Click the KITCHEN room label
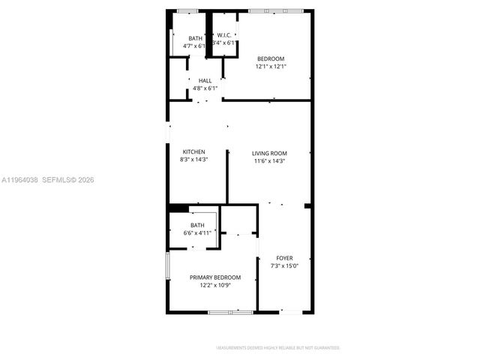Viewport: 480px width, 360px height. click(x=193, y=151)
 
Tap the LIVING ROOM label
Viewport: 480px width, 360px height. click(x=269, y=152)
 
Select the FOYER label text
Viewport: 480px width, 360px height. click(x=284, y=258)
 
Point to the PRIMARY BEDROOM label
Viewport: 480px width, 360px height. click(x=215, y=277)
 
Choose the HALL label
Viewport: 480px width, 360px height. click(x=205, y=80)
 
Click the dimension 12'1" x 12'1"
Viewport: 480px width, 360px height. click(x=271, y=66)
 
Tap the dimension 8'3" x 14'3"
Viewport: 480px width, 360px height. click(x=193, y=159)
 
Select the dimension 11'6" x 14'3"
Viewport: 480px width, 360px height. click(x=269, y=160)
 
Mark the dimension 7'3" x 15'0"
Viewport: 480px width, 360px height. click(x=284, y=265)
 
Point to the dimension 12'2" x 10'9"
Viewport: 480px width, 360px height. click(x=215, y=285)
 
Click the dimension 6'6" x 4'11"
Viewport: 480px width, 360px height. click(x=197, y=232)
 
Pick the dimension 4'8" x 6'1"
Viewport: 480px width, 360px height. click(x=205, y=88)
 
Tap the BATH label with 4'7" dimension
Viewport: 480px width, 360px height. click(x=195, y=38)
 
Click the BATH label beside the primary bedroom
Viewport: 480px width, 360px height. click(x=197, y=225)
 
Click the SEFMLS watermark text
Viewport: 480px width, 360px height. click(x=56, y=180)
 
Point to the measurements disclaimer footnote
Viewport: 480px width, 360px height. click(x=277, y=348)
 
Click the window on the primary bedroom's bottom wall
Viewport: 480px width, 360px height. click(x=230, y=312)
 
